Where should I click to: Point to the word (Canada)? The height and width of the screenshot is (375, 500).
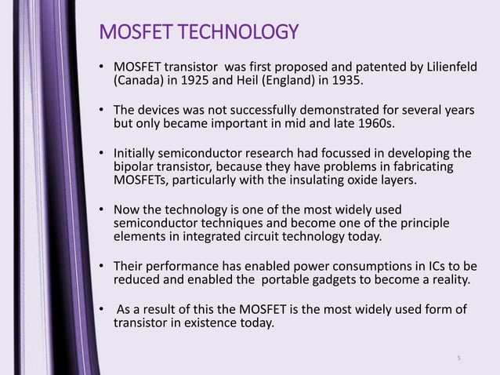pyautogui.click(x=139, y=79)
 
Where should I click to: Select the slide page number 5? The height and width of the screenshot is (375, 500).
pyautogui.click(x=460, y=359)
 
